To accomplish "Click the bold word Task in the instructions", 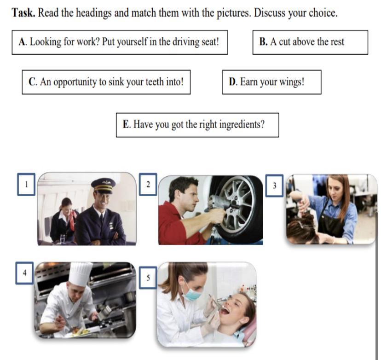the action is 23,12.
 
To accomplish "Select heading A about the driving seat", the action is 120,42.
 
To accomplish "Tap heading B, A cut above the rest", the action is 310,42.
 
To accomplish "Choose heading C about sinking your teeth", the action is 106,82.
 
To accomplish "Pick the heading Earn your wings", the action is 271,82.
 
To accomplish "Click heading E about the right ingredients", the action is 197,125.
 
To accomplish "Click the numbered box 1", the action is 26,184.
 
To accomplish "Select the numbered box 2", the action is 148,184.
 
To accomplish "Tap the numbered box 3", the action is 274,186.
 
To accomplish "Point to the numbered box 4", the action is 24,273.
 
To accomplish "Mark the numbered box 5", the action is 148,277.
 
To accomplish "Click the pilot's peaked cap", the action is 104,186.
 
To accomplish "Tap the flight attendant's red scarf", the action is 72,220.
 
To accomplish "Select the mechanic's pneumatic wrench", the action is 219,203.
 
